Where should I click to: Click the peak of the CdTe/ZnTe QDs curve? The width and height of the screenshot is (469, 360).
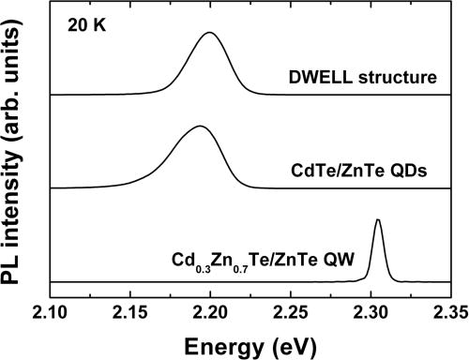[198, 127]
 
